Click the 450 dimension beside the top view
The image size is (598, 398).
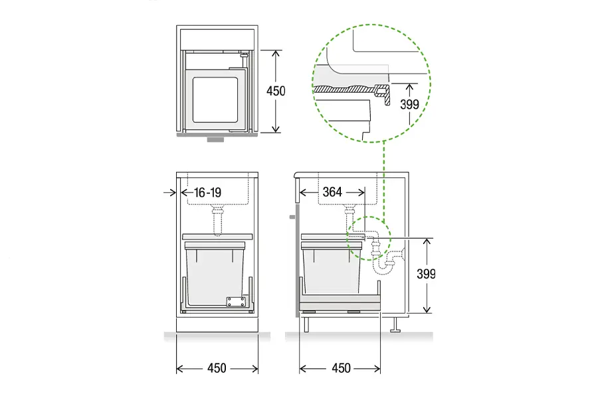coord(276,91)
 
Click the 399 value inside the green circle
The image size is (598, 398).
coord(409,104)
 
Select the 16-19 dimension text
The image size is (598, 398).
coord(207,192)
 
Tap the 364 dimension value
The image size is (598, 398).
coord(332,192)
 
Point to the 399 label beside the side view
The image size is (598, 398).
coord(426,274)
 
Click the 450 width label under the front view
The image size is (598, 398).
coord(217,368)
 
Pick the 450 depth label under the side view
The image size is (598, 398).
coord(341,368)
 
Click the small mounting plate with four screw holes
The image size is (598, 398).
coord(236,302)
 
